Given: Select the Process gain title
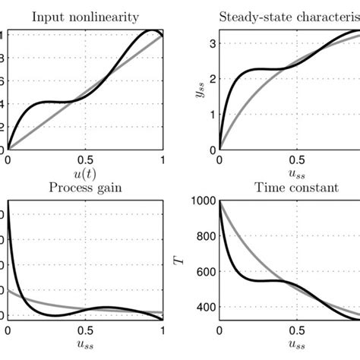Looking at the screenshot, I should coord(85,185).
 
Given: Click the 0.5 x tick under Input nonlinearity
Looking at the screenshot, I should coord(85,160).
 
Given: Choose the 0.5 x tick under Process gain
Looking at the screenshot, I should coord(85,331).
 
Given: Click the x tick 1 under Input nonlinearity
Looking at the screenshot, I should coord(163,160).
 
